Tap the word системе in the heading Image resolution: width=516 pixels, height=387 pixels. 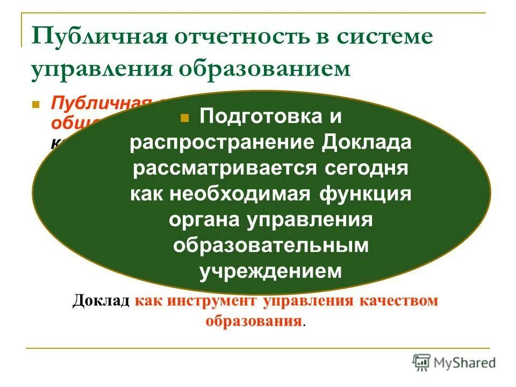(x=384, y=37)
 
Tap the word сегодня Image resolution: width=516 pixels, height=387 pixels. (x=361, y=168)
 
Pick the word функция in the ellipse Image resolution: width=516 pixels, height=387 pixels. (x=365, y=194)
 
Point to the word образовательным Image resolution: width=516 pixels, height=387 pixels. (x=271, y=246)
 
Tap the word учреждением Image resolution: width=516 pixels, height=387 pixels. (x=271, y=271)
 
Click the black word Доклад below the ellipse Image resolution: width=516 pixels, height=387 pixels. (x=101, y=301)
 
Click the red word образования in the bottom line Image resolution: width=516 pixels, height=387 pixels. (x=253, y=321)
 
